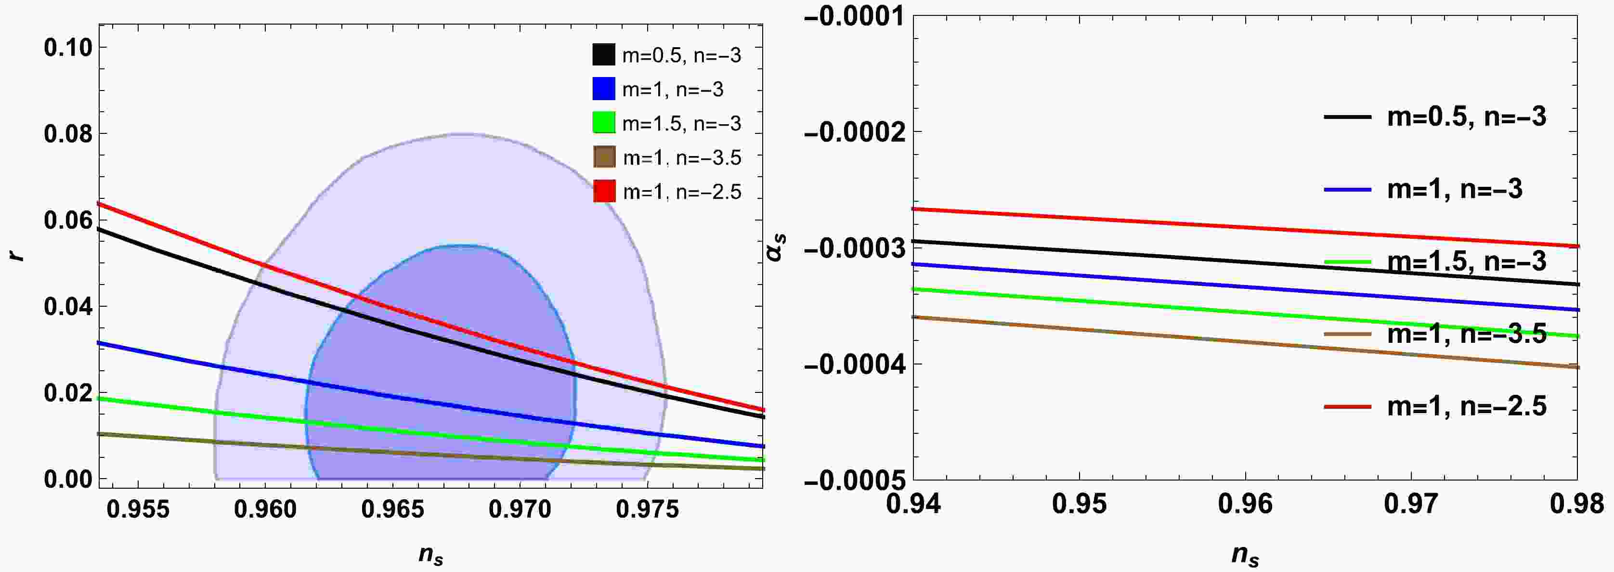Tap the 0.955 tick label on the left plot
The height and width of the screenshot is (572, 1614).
coord(138,509)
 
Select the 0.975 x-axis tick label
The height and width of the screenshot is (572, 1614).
coord(647,509)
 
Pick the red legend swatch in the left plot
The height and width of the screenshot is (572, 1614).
coord(604,191)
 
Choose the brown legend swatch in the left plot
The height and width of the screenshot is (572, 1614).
coord(604,156)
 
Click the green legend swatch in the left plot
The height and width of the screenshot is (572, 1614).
coord(603,122)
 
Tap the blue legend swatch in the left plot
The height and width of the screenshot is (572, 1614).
coord(603,89)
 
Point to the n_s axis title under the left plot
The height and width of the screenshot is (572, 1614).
coord(431,555)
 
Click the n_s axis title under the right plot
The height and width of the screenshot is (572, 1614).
coord(1245,555)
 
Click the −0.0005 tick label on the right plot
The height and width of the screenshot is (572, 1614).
coord(853,481)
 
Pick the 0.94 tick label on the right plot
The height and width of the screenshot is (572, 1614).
coord(913,504)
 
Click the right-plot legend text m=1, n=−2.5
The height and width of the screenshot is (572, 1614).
coord(1466,406)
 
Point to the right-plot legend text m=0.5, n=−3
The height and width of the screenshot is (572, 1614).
coord(1466,117)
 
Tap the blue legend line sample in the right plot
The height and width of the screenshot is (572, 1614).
coord(1347,189)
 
